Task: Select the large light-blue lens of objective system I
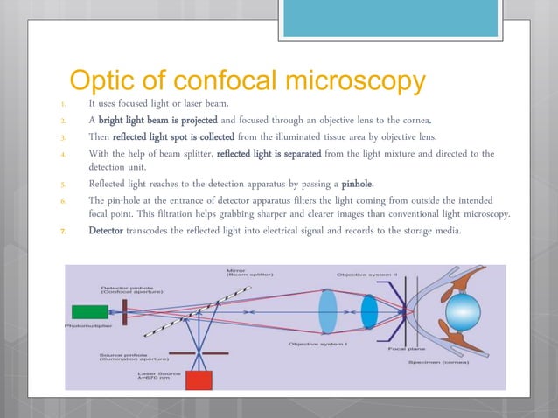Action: [x=328, y=311]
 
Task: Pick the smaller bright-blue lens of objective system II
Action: [x=369, y=311]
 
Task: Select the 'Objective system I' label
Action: [x=318, y=345]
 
